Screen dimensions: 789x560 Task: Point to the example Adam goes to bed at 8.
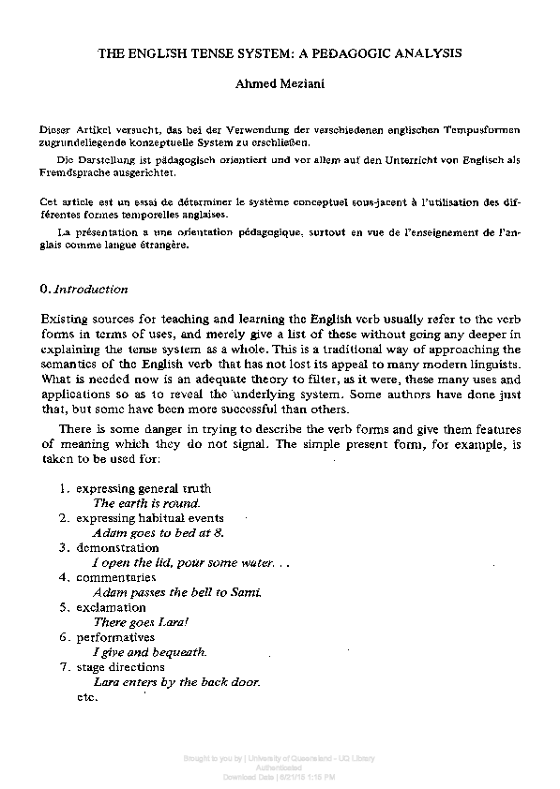tap(159, 532)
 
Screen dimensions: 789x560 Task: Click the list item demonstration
tap(117, 547)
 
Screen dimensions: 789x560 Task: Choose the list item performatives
tap(115, 637)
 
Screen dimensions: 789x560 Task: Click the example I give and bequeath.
tap(150, 652)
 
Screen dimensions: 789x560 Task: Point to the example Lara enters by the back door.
tap(176, 682)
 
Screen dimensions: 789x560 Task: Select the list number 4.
tap(64, 577)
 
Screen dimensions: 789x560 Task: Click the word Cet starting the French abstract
tap(50, 201)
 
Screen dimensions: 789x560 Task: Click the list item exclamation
tap(111, 607)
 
